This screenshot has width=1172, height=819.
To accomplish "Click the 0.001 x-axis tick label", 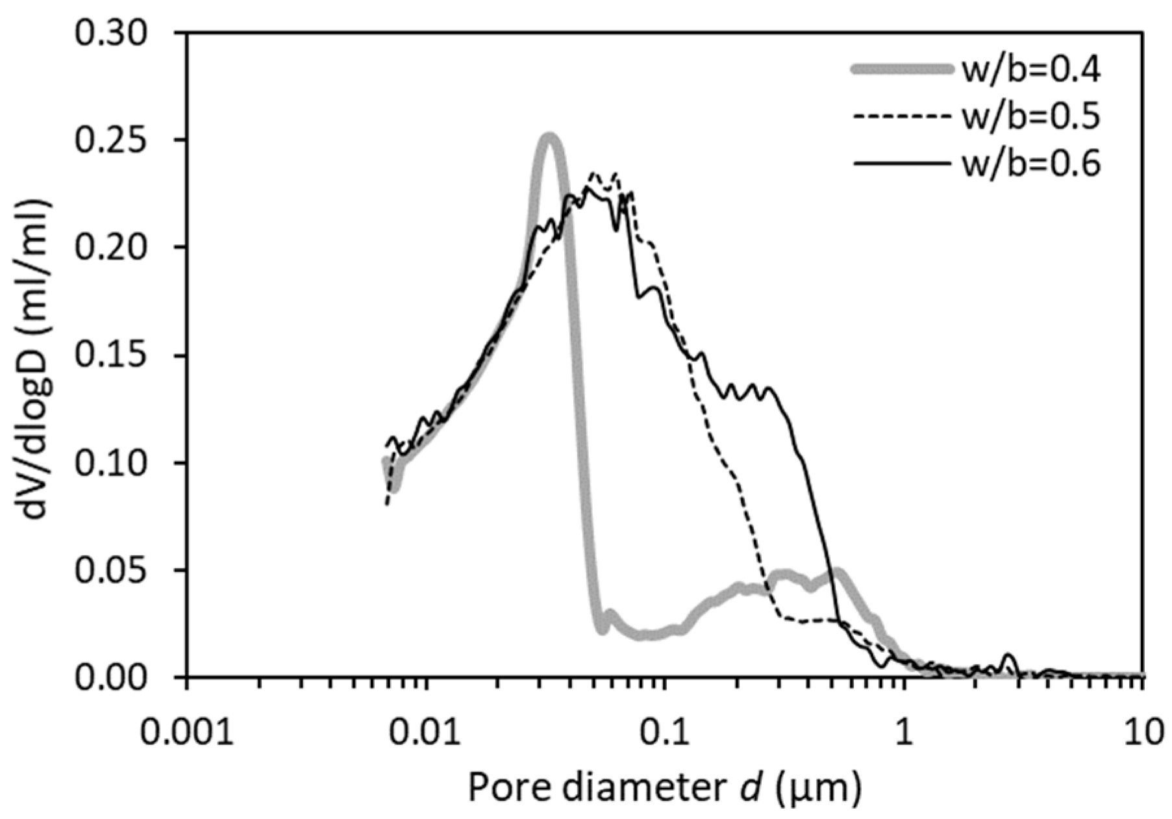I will pyautogui.click(x=187, y=731).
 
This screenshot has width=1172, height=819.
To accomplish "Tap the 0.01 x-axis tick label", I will pyautogui.click(x=426, y=731).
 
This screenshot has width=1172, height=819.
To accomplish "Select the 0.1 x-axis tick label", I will pyautogui.click(x=664, y=731).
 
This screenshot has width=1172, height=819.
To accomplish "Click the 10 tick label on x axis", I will pyautogui.click(x=1143, y=731).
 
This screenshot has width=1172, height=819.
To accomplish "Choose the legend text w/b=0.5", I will pyautogui.click(x=1030, y=118).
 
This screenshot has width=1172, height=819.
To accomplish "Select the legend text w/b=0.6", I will pyautogui.click(x=1030, y=164).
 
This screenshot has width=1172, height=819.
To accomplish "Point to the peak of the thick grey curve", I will pyautogui.click(x=549, y=137).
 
